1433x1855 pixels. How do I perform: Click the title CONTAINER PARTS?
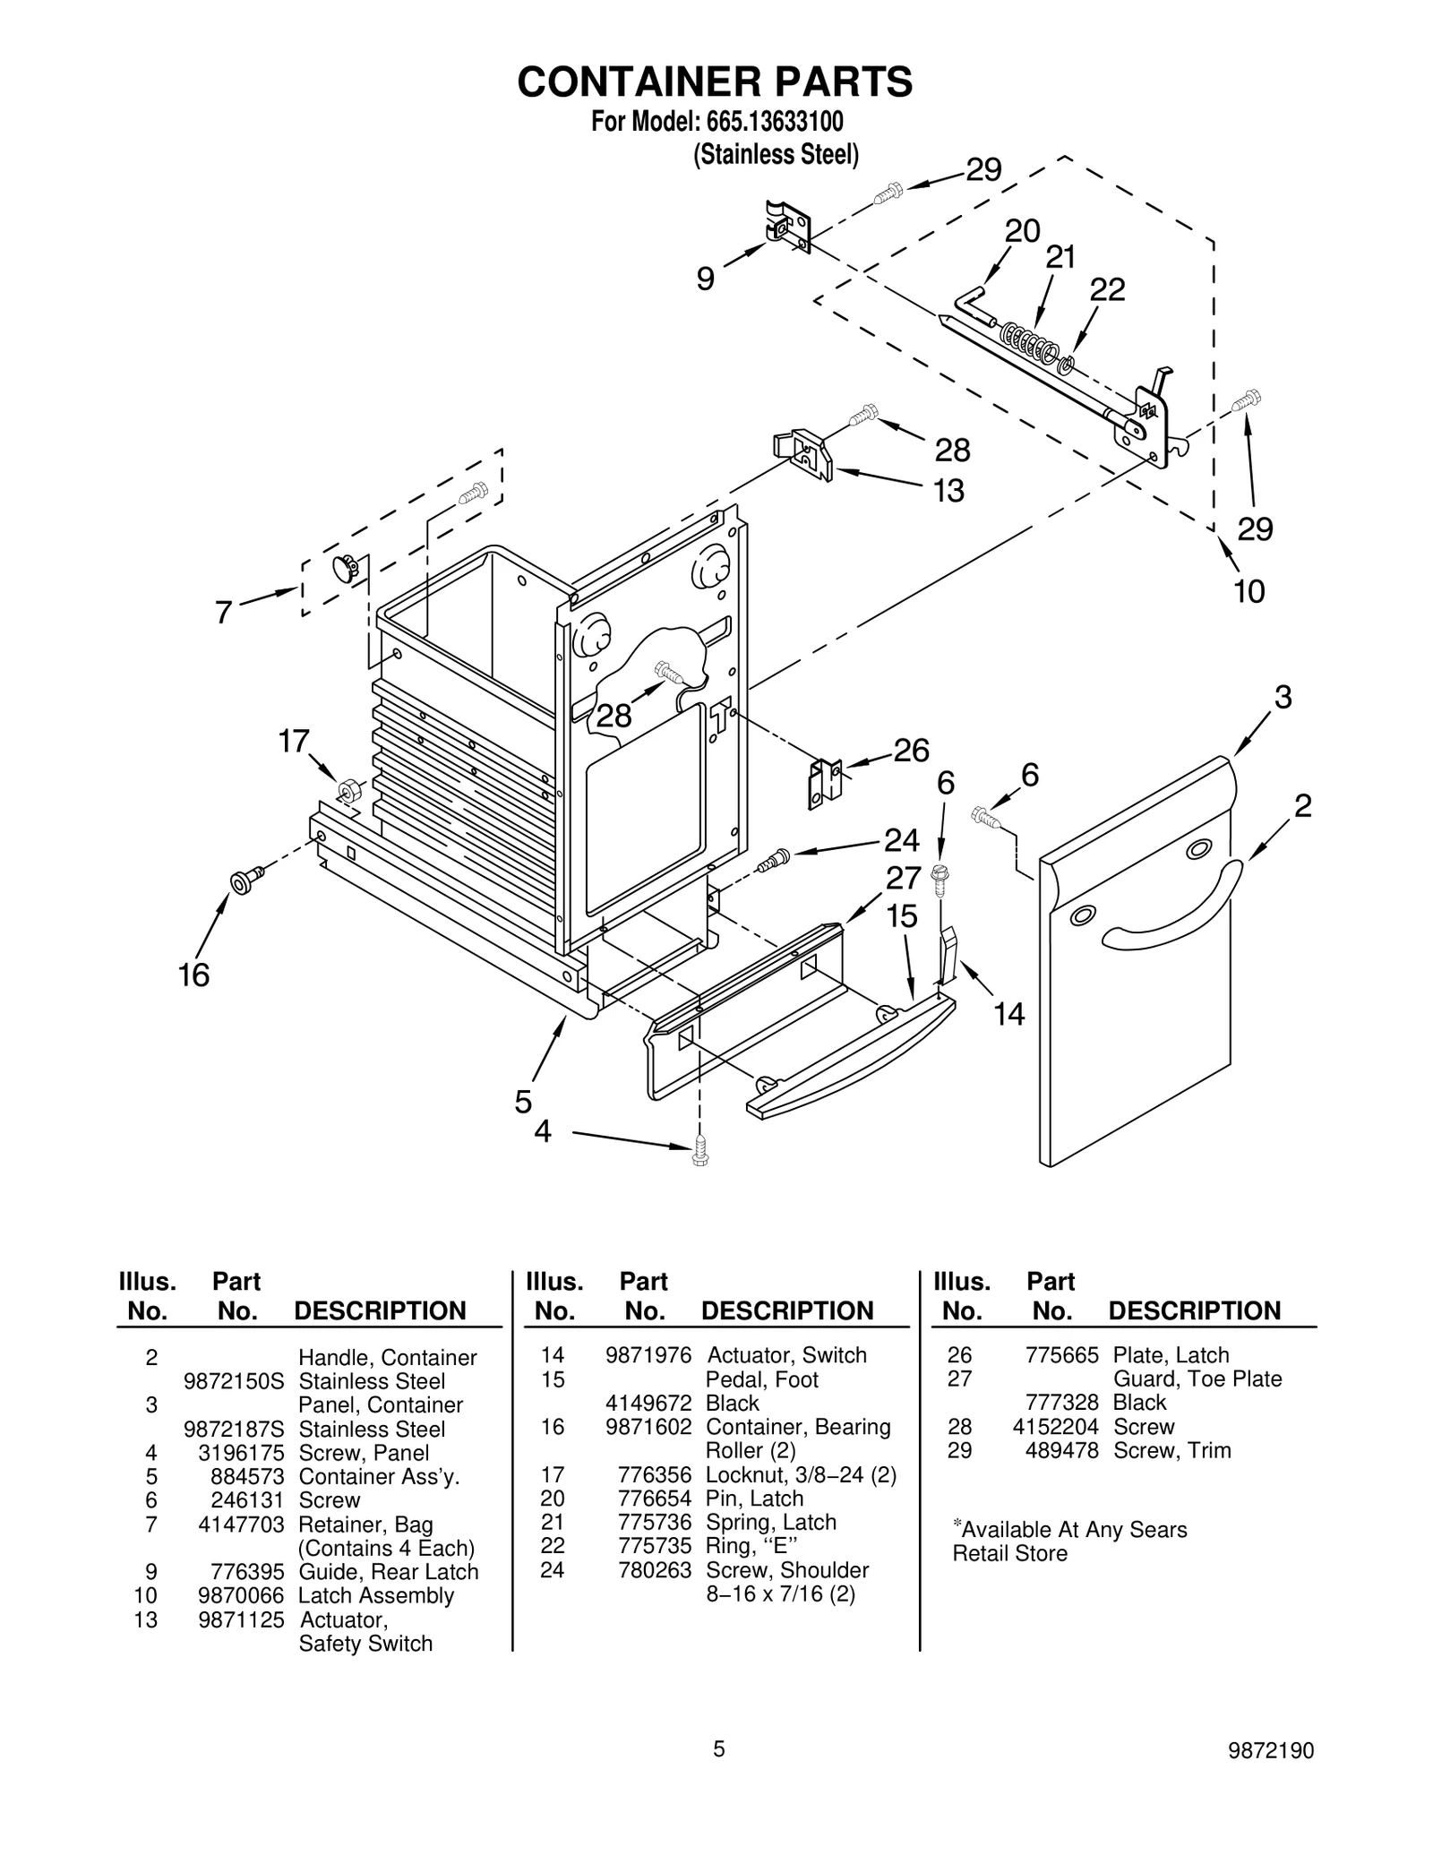pyautogui.click(x=715, y=82)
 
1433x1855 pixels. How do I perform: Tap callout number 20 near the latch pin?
pyautogui.click(x=1021, y=231)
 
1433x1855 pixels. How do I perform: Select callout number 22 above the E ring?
pyautogui.click(x=1107, y=289)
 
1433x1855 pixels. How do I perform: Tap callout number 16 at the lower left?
pyautogui.click(x=193, y=975)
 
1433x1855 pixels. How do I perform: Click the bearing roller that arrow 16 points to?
pyautogui.click(x=244, y=881)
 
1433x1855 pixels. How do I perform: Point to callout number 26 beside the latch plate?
pyautogui.click(x=912, y=750)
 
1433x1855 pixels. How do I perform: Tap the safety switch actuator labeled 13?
pyautogui.click(x=802, y=454)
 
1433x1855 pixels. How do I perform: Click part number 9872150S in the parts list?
pyautogui.click(x=233, y=1381)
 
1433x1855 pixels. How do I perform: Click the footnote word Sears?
pyautogui.click(x=1160, y=1530)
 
